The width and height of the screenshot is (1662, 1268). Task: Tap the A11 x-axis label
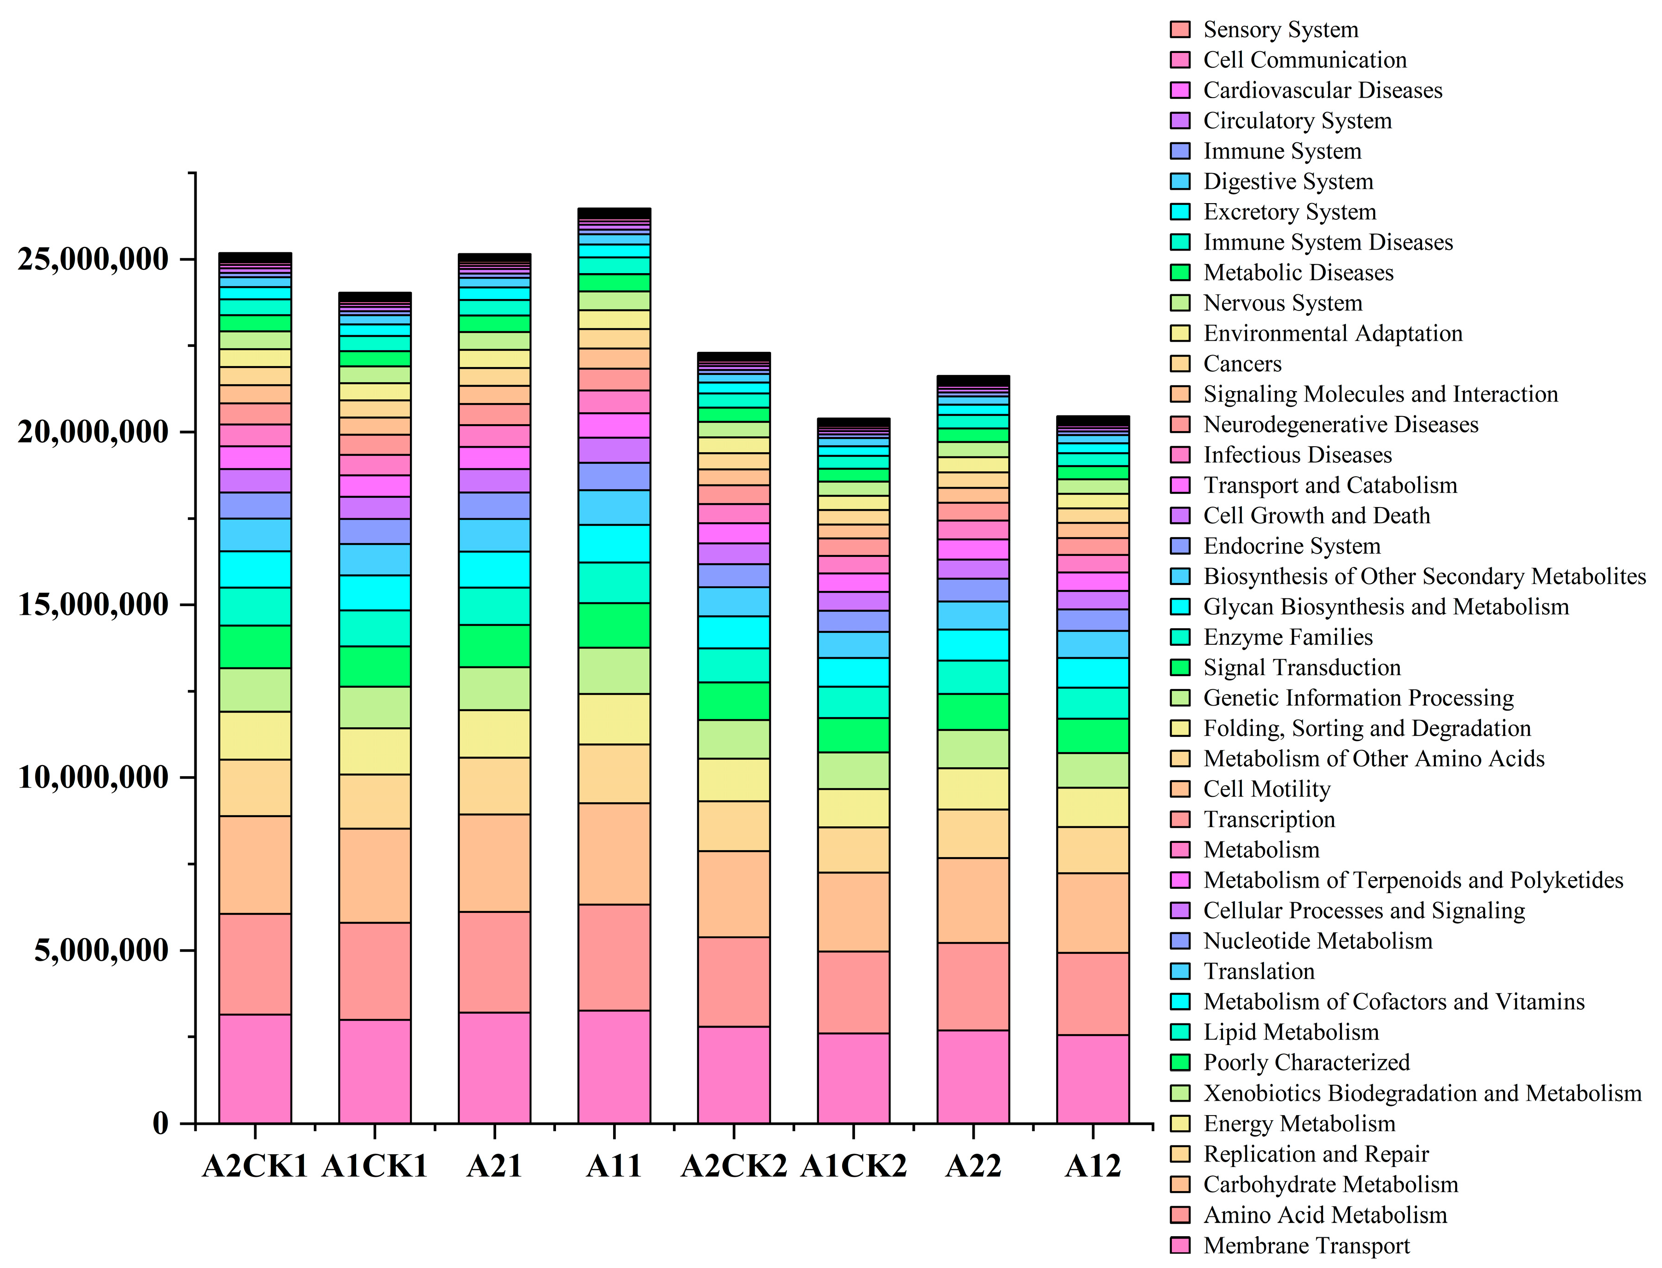click(x=614, y=1166)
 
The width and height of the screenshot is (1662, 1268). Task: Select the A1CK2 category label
click(x=853, y=1166)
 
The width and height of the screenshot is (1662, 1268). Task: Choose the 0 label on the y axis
click(x=160, y=1123)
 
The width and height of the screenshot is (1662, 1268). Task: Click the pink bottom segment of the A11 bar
click(x=614, y=1066)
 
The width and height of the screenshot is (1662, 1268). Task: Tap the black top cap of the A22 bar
click(x=973, y=380)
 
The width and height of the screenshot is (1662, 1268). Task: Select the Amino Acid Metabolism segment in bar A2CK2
click(x=734, y=981)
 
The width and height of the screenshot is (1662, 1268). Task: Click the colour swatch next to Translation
click(x=1180, y=971)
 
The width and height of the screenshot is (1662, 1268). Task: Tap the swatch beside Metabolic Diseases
click(x=1180, y=273)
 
